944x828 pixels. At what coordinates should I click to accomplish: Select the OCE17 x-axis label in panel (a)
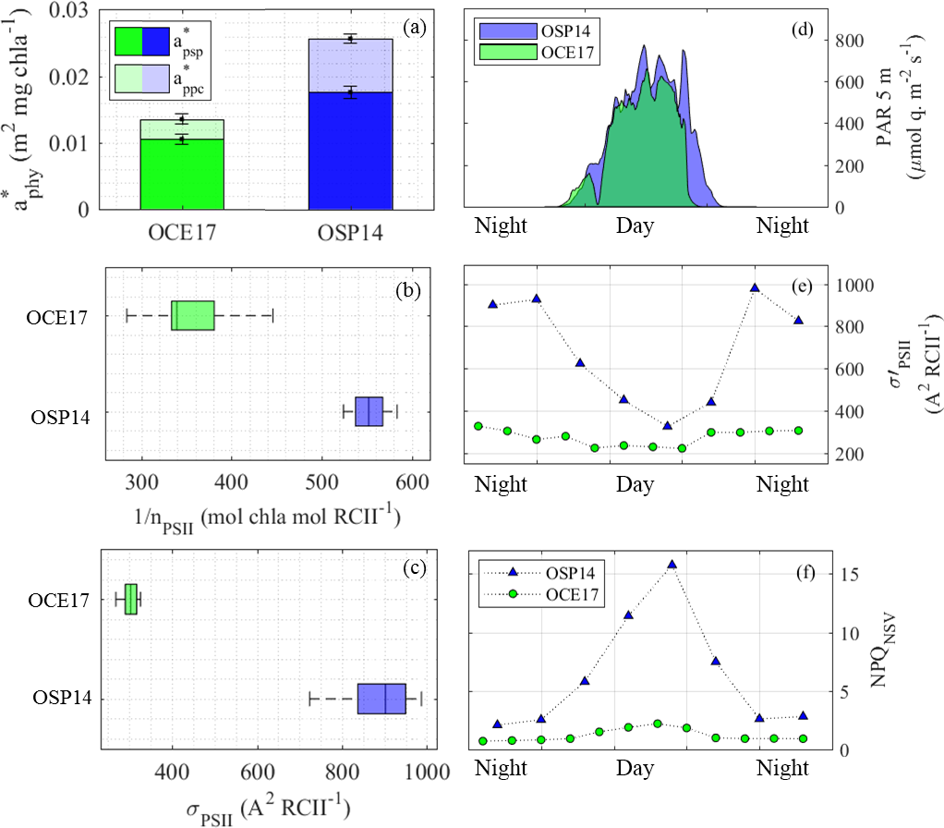tap(181, 233)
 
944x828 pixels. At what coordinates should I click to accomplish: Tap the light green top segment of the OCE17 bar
tap(181, 129)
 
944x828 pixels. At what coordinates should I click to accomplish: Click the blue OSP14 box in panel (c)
tap(381, 699)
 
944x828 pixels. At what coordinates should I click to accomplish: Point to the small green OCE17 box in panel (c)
tap(130, 599)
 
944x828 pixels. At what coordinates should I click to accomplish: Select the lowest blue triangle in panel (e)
tap(667, 425)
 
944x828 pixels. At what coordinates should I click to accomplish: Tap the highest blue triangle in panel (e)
tap(755, 287)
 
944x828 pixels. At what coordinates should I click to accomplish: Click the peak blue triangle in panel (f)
tap(672, 564)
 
